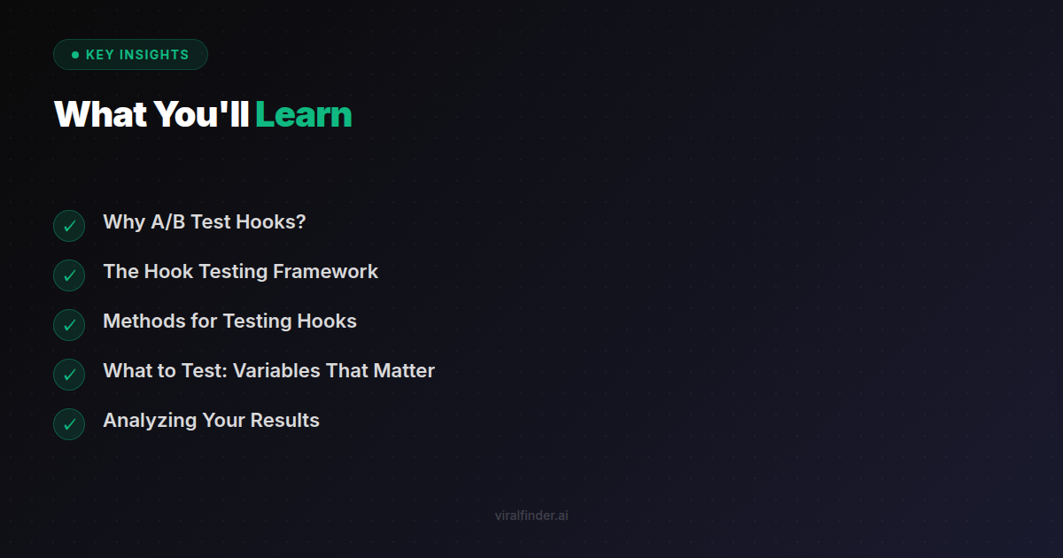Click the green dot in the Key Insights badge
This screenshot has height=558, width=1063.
75,55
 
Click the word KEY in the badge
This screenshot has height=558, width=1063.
100,55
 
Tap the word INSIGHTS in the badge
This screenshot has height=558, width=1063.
154,55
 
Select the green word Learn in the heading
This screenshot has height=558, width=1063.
304,115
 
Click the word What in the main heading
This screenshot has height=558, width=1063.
101,115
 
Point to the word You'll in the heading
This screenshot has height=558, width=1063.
202,115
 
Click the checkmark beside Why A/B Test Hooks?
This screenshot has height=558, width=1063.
69,226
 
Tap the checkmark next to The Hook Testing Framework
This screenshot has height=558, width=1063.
69,275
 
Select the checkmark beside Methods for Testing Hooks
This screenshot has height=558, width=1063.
69,325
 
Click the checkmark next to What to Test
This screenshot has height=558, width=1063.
69,375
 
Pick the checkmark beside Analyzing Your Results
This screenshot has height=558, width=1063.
69,424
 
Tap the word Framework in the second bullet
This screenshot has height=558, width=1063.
326,272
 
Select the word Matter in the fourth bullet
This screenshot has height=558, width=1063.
404,371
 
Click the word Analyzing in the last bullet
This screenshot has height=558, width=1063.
150,421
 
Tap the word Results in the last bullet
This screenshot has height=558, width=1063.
284,421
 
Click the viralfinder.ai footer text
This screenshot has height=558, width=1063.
531,515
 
